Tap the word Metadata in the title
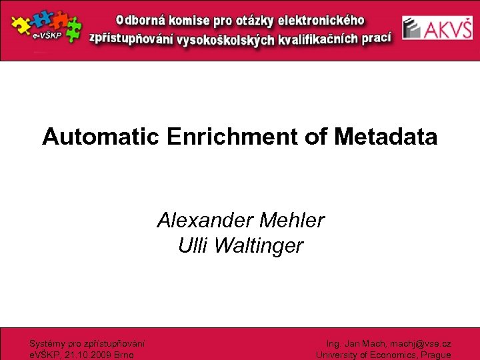(x=386, y=137)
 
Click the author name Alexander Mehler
(x=241, y=220)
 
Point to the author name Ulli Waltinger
(x=241, y=246)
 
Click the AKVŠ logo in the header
(x=437, y=28)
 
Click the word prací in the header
(x=376, y=37)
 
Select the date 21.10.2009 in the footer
(x=88, y=355)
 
